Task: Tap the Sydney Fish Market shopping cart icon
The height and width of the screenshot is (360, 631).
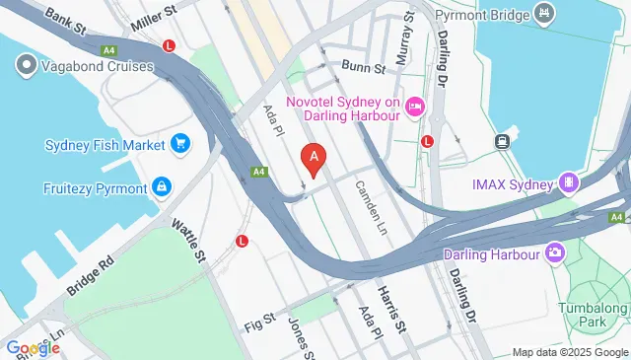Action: (x=179, y=145)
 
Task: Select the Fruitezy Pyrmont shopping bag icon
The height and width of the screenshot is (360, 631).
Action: (x=161, y=187)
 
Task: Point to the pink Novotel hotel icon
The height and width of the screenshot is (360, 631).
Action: (x=415, y=107)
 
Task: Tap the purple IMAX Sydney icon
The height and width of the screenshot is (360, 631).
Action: (x=568, y=181)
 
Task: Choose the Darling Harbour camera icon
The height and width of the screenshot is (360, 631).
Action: (x=555, y=253)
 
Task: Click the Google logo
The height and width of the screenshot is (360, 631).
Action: (x=33, y=347)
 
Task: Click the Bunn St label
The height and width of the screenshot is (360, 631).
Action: (x=362, y=66)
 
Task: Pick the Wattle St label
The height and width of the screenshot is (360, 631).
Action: (x=186, y=241)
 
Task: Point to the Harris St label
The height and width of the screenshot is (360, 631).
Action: (x=393, y=310)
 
